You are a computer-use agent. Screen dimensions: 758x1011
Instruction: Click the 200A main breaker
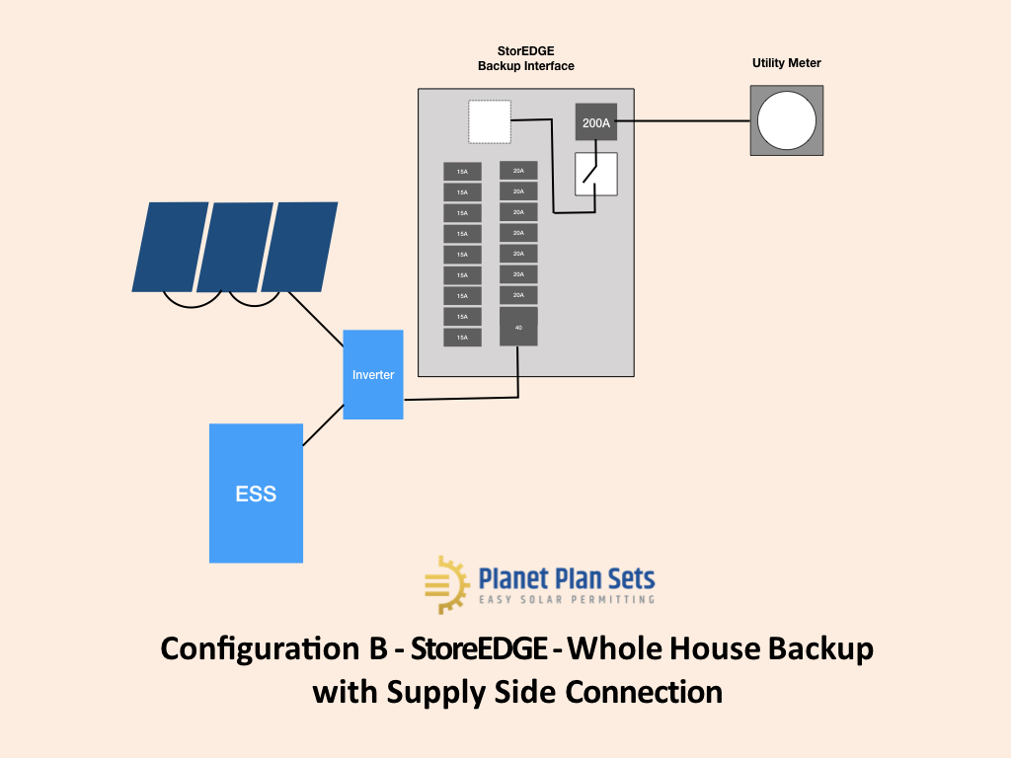[596, 123]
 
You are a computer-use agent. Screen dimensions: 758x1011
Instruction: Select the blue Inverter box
[373, 375]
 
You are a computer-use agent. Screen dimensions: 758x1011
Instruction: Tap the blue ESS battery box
[256, 493]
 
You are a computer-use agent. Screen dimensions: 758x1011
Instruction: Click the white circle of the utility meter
[787, 120]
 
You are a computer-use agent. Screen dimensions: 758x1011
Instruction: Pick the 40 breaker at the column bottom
[518, 327]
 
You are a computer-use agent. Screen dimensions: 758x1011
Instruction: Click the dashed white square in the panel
[490, 122]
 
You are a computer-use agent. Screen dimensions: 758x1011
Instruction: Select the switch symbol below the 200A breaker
[596, 174]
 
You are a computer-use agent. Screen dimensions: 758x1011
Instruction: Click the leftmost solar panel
[170, 247]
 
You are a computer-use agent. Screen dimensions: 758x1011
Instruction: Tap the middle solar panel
[235, 247]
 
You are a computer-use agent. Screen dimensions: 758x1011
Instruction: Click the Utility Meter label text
[787, 63]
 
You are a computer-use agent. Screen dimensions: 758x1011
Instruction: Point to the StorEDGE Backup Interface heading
[525, 58]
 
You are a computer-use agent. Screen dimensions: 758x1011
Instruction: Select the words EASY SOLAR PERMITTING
[567, 599]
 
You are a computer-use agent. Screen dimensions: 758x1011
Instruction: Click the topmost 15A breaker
[462, 172]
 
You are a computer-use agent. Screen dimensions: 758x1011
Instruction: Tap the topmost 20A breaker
[518, 171]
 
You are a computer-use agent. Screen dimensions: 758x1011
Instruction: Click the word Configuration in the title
[250, 649]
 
